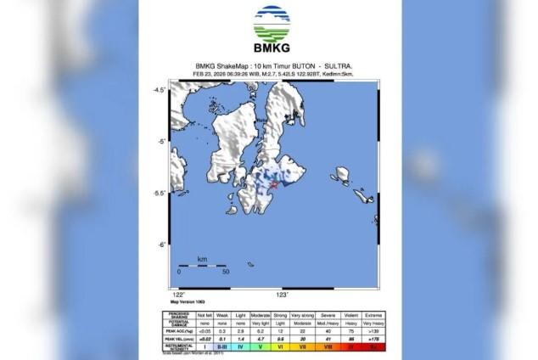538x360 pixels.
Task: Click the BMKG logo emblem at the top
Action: [x=271, y=24]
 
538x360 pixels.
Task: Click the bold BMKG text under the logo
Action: [x=271, y=48]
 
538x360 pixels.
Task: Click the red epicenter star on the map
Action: [x=274, y=185]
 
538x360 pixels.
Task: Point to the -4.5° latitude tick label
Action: [x=159, y=89]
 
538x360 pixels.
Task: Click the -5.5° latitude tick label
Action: [x=159, y=194]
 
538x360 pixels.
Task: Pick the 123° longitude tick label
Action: [x=283, y=295]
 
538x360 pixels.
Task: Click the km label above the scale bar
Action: [x=202, y=258]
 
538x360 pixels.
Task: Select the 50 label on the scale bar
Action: [x=226, y=273]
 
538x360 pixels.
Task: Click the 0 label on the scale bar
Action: [x=179, y=273]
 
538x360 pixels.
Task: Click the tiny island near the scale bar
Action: [x=251, y=264]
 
